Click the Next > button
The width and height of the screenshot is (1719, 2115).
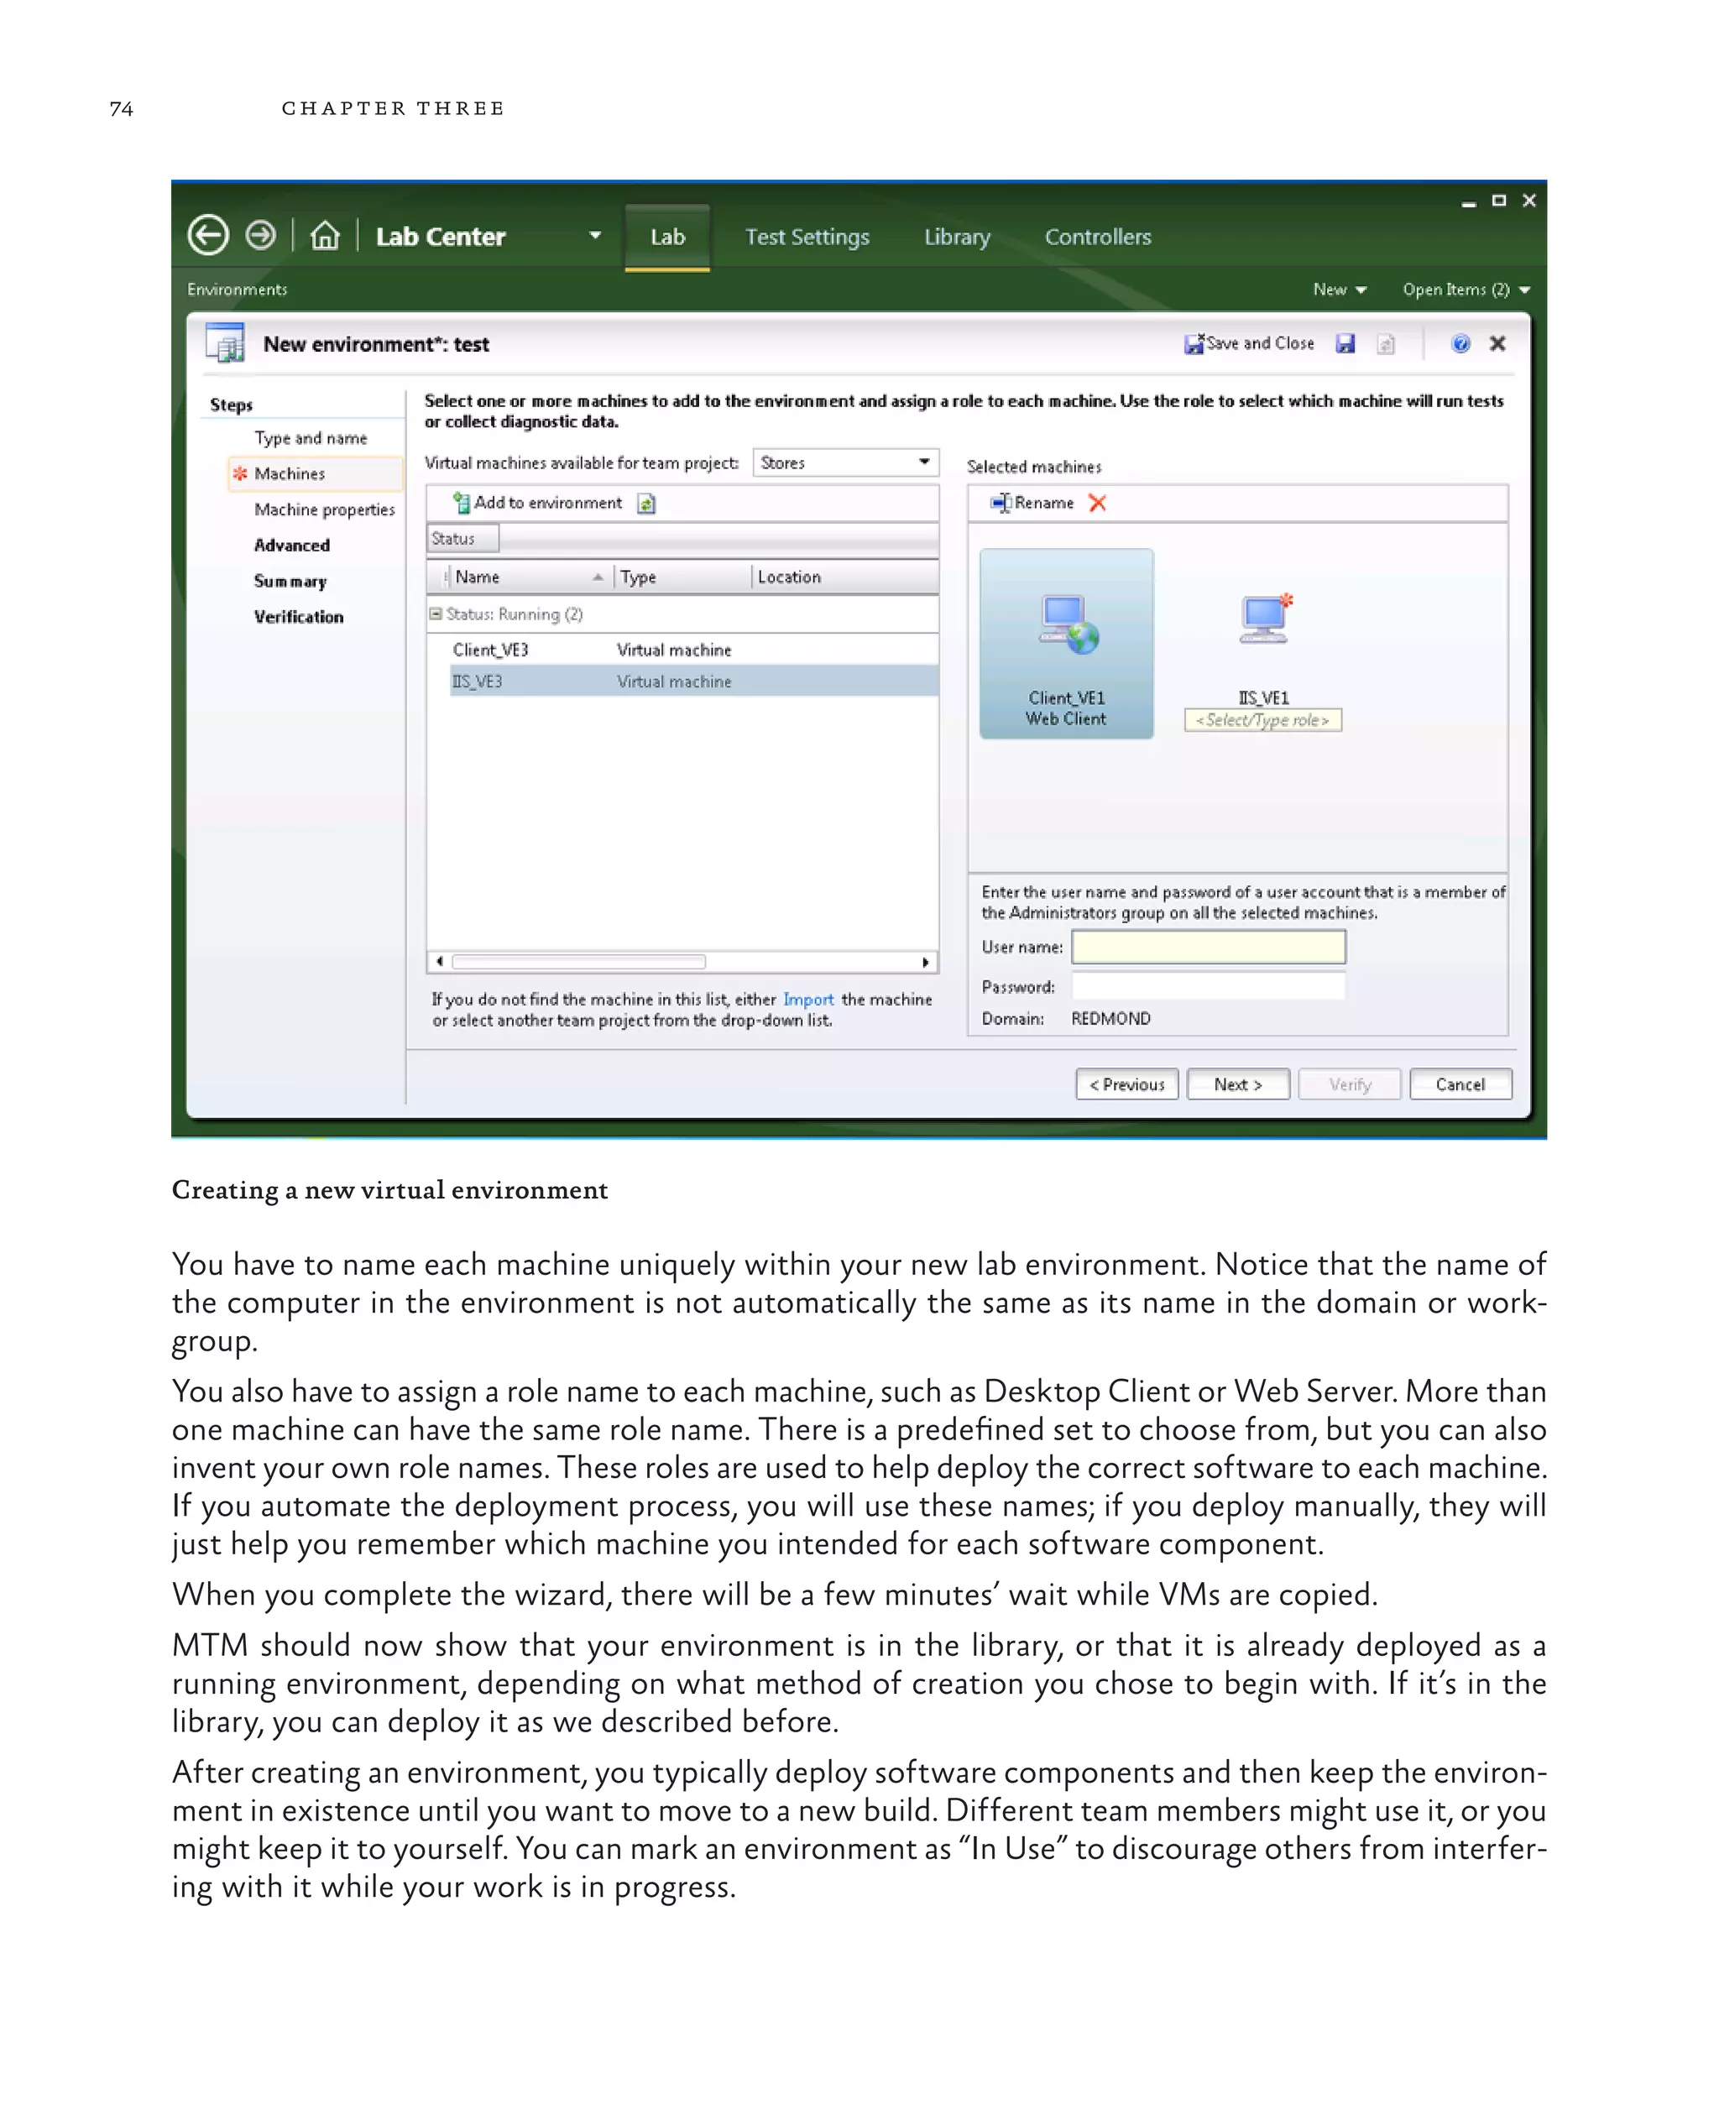[x=1238, y=1084]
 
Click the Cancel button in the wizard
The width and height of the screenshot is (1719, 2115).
[x=1460, y=1084]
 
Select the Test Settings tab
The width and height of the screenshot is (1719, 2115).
[x=807, y=238]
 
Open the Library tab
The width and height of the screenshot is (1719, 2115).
[x=957, y=238]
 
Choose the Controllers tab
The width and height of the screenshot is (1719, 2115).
[x=1097, y=238]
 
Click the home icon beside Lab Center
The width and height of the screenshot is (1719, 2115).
[x=325, y=237]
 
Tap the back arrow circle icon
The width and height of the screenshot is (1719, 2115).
[x=208, y=236]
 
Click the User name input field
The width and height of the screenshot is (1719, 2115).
[x=1208, y=947]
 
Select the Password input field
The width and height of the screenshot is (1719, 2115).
[x=1208, y=986]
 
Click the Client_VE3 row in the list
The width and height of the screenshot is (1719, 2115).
[x=491, y=650]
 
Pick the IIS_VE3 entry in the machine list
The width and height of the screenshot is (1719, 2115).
[x=478, y=681]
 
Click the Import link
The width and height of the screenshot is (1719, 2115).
[x=808, y=999]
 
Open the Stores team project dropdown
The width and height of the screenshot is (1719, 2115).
[x=844, y=462]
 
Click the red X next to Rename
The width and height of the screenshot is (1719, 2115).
[x=1097, y=503]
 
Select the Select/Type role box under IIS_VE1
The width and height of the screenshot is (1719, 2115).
[x=1262, y=720]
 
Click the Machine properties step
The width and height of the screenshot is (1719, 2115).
[x=324, y=509]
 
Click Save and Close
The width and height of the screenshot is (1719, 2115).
[x=1250, y=343]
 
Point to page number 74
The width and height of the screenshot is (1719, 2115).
[x=121, y=109]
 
